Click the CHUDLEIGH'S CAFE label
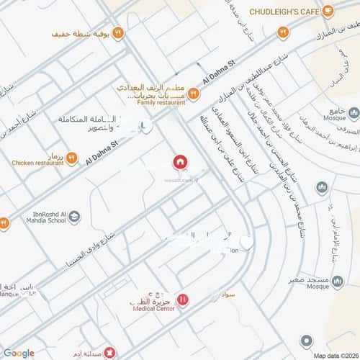tap(284, 11)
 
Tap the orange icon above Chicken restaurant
tap(71, 157)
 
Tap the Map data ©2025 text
tap(334, 355)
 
